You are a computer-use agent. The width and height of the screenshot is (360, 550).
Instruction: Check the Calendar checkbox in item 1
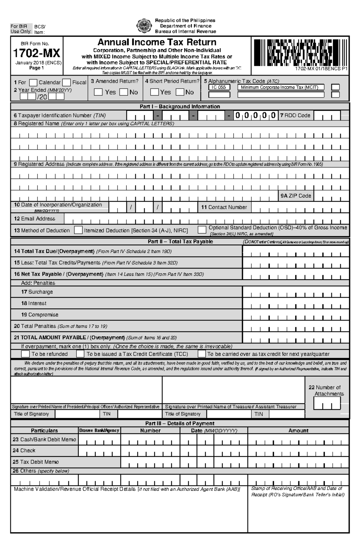click(x=33, y=82)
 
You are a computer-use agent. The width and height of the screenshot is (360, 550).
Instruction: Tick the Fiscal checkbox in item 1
click(x=67, y=82)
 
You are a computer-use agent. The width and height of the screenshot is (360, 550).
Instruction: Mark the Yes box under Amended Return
click(x=98, y=92)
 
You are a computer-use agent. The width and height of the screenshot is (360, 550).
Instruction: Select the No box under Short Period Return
click(x=180, y=92)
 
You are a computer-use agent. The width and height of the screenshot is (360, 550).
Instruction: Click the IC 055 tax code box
click(x=219, y=87)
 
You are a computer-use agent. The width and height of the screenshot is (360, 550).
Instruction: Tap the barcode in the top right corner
click(x=300, y=52)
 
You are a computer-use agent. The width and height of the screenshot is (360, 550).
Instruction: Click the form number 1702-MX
click(x=37, y=53)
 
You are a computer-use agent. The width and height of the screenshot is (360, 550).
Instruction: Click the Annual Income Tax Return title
click(x=157, y=42)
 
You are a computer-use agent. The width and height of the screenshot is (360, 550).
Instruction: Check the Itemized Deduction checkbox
click(x=78, y=230)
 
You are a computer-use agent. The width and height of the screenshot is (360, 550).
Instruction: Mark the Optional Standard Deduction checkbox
click(x=202, y=230)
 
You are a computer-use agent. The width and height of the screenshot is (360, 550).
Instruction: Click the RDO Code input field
click(x=327, y=115)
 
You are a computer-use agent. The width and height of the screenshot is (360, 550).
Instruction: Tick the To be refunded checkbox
click(x=25, y=354)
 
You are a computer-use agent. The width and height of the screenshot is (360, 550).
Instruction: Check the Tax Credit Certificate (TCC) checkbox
click(x=80, y=354)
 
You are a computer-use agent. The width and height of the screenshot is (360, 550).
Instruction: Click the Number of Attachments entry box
click(x=327, y=403)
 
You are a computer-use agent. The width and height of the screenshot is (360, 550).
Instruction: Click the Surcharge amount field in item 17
click(x=296, y=292)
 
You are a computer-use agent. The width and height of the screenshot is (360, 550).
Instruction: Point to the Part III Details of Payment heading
click(x=180, y=423)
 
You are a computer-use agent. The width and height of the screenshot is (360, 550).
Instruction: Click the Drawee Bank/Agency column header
click(x=99, y=430)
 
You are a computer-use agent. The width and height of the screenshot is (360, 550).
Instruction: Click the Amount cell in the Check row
click(x=298, y=451)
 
